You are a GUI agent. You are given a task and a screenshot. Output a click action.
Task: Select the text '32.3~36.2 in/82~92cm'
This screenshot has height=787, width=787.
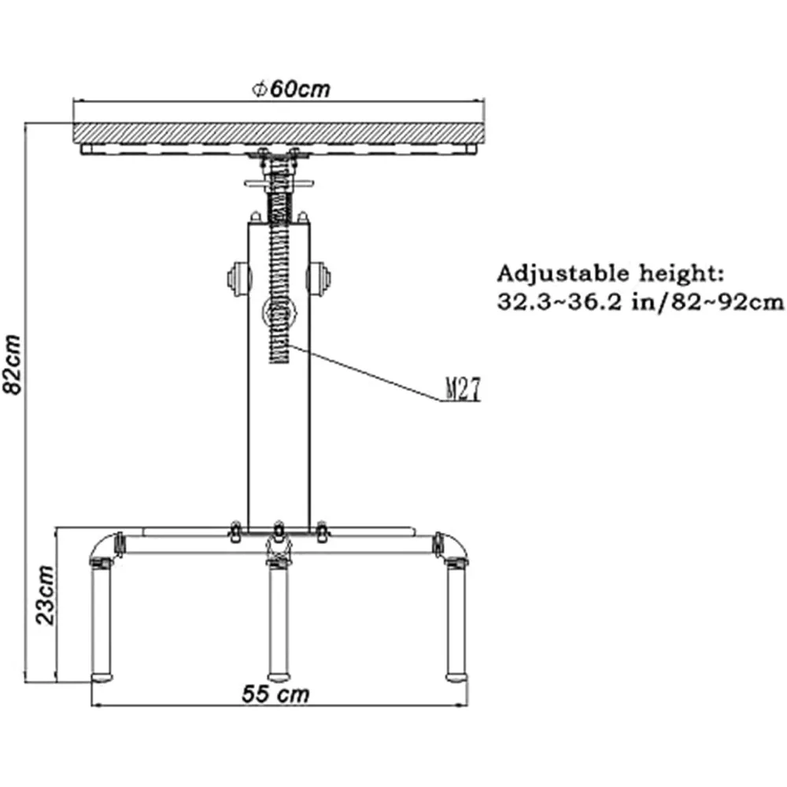pos(640,302)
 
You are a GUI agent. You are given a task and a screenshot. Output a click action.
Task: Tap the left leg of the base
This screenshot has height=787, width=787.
pos(102,619)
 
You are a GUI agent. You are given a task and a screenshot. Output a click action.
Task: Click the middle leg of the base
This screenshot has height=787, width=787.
pos(277,619)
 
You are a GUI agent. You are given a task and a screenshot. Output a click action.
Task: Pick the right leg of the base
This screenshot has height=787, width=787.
pos(456,619)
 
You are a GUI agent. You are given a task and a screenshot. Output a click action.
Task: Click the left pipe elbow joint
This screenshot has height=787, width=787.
pos(103,547)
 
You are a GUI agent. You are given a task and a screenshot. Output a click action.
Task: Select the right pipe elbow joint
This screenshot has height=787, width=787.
pos(452,547)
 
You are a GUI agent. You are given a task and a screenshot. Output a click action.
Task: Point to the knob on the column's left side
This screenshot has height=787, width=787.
pos(237,277)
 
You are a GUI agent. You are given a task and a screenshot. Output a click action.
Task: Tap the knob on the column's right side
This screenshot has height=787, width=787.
pos(321,277)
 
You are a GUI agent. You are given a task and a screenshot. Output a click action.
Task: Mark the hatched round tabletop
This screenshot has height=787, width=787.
pos(279,133)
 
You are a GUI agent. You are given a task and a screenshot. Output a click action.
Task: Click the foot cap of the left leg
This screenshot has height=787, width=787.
pos(102,675)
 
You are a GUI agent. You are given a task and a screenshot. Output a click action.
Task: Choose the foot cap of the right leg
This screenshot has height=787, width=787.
pos(456,675)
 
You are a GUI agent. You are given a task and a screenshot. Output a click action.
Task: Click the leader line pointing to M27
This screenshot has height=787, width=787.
pos(362,372)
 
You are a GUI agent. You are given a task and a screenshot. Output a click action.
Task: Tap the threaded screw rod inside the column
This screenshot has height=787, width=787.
pos(278,260)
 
